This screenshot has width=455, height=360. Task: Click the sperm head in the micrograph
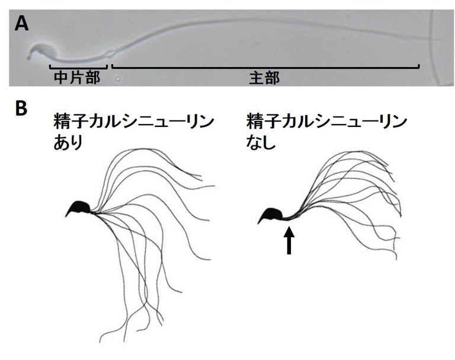(x=40, y=53)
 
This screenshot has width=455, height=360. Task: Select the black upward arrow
(x=289, y=241)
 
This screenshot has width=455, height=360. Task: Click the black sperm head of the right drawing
(x=273, y=214)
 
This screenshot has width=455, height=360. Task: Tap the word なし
(x=261, y=144)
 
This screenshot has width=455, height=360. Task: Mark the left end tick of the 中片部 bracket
(x=49, y=65)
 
